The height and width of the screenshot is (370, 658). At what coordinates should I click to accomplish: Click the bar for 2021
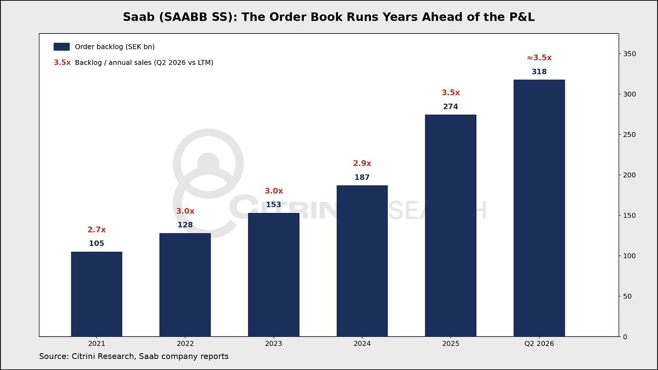point(97,294)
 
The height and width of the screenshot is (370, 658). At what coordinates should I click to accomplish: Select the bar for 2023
point(273,275)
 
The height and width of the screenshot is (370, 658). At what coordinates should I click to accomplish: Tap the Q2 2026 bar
point(539,208)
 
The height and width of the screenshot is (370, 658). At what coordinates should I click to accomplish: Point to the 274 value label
point(451,106)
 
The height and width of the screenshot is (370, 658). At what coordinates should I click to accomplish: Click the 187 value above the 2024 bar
point(362,177)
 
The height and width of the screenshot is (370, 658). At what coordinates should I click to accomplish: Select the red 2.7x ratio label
point(97,230)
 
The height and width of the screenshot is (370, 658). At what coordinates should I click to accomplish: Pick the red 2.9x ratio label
point(362,163)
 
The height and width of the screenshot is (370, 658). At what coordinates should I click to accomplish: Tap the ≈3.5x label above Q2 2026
point(539,58)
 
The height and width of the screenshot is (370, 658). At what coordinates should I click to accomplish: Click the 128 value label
point(185,225)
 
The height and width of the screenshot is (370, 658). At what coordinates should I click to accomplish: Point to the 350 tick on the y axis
point(630,54)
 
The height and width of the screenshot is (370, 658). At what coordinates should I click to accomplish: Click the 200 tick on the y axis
point(630,175)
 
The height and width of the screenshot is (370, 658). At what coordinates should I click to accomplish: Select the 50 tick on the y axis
point(627,296)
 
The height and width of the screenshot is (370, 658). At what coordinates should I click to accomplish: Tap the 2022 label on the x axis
point(185,344)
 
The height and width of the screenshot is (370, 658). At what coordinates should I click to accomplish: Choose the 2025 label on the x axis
point(451,344)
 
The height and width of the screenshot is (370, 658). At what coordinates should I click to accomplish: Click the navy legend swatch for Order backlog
point(61,46)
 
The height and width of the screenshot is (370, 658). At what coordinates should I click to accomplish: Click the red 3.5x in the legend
point(62,62)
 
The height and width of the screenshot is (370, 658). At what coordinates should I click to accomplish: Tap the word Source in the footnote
point(54,356)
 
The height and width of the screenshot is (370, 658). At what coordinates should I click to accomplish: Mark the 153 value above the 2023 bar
point(273,205)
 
